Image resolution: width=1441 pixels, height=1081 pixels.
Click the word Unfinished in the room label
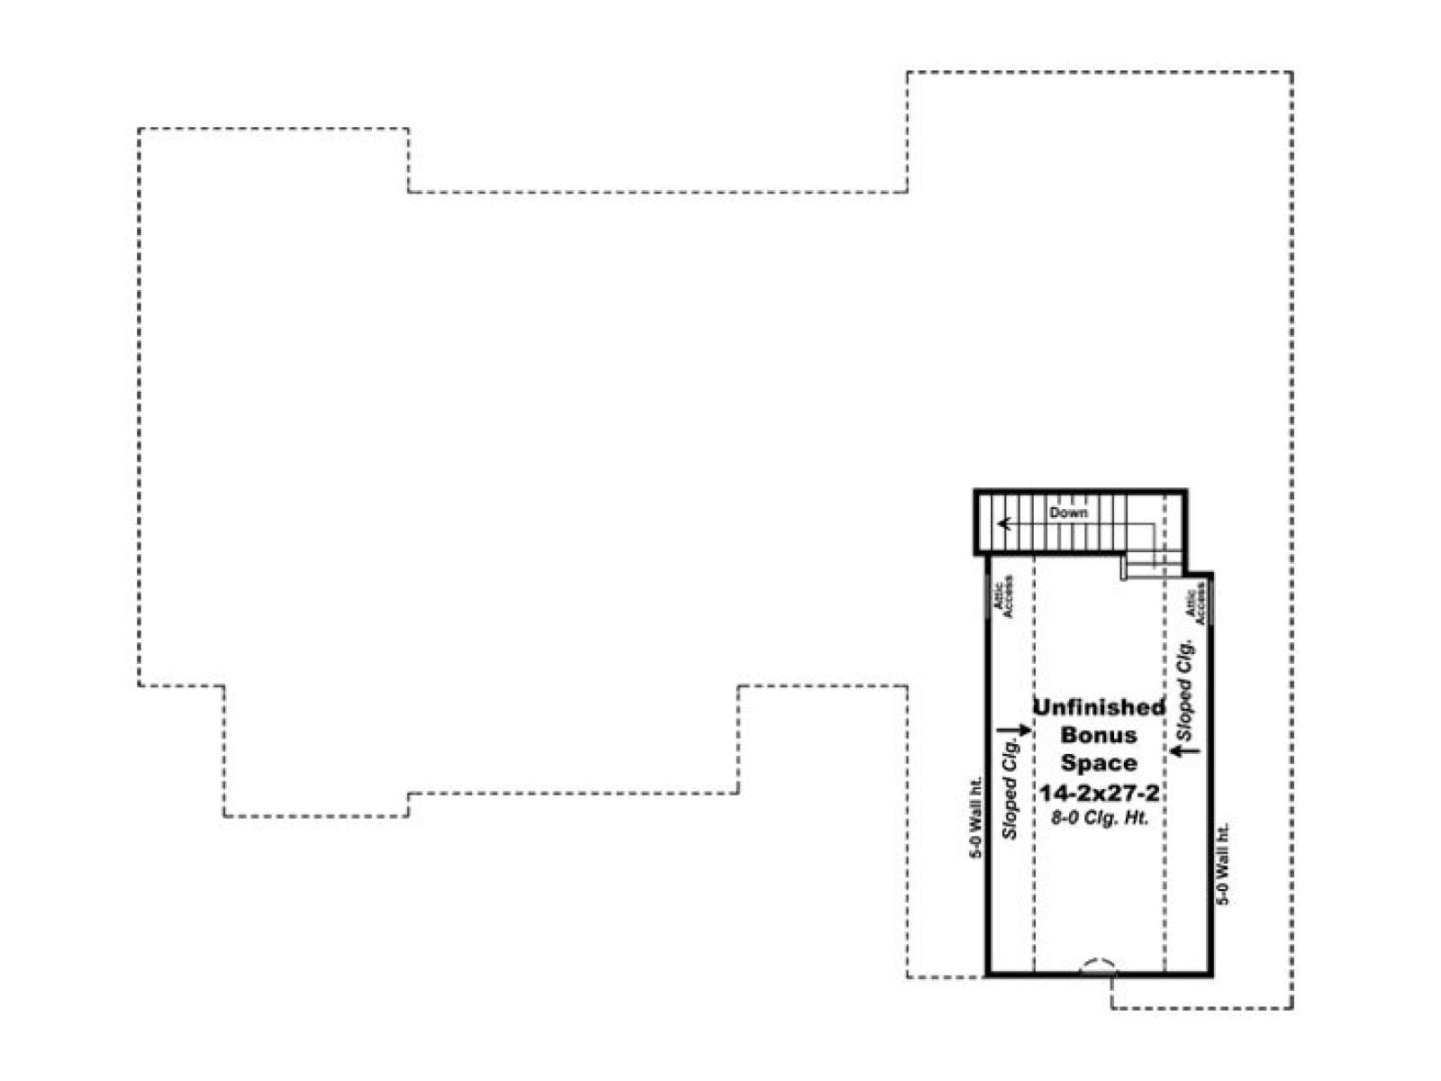coord(1099,707)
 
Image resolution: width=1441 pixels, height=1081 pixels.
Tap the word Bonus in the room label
coord(1099,734)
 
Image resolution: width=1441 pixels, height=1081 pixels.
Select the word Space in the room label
coord(1099,763)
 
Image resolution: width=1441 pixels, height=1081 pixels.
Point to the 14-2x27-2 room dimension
coord(1099,794)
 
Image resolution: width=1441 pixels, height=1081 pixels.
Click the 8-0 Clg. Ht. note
coord(1100,819)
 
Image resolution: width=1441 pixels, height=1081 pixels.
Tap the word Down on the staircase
coord(1068,513)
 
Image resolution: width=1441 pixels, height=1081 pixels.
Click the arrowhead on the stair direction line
coord(1002,523)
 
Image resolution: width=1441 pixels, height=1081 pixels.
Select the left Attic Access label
coord(1004,596)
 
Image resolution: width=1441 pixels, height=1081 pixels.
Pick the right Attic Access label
coord(1195,608)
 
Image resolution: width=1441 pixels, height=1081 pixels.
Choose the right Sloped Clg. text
coord(1185,689)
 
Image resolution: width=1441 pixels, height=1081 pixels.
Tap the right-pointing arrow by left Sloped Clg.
coord(1014,731)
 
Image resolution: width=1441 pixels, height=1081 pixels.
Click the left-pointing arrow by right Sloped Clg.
coord(1185,749)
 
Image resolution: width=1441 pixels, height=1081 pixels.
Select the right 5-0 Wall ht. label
coord(1222,865)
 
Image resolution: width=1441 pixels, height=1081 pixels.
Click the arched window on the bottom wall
coord(1097,966)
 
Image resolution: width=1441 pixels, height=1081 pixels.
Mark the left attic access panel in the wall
coord(987,595)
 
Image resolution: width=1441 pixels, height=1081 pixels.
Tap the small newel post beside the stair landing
coord(1123,568)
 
